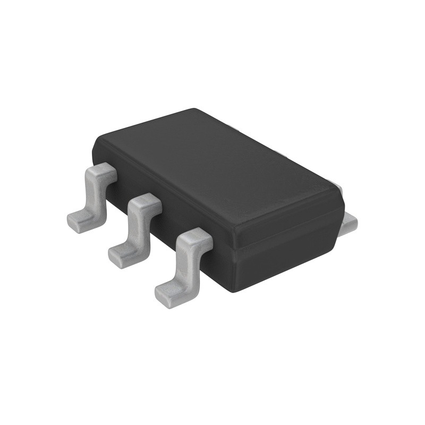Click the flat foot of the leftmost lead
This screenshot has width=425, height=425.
point(80,219)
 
